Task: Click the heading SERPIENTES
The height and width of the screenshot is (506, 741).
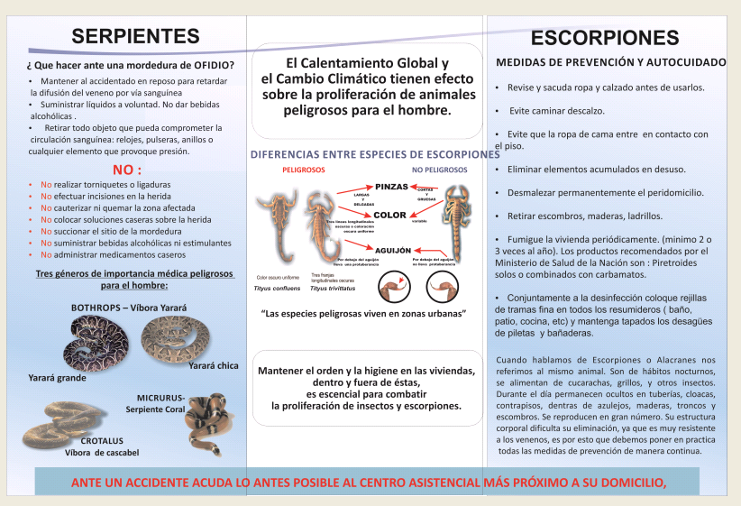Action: point(135,37)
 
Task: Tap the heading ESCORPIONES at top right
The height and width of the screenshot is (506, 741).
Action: point(605,38)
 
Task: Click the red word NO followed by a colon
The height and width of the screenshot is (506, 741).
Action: point(126,170)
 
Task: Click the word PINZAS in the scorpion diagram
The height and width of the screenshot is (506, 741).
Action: point(392,186)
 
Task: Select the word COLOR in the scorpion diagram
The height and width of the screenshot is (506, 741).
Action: point(390,216)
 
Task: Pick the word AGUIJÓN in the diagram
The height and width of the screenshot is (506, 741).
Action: point(393,249)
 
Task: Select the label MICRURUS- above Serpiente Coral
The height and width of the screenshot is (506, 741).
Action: point(160,398)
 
